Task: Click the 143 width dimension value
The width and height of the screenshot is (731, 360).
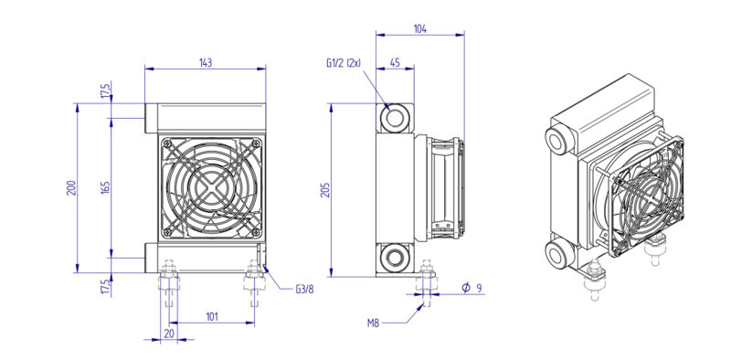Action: pyautogui.click(x=206, y=63)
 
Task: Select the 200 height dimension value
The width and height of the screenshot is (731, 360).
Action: pyautogui.click(x=71, y=187)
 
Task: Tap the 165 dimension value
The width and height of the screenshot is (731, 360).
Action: pyautogui.click(x=106, y=187)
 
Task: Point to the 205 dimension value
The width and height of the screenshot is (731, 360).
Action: pyautogui.click(x=325, y=190)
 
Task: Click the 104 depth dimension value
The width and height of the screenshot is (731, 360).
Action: pyautogui.click(x=420, y=29)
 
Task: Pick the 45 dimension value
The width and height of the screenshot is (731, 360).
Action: pyautogui.click(x=395, y=63)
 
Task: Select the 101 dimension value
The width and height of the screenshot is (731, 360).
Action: pyautogui.click(x=212, y=317)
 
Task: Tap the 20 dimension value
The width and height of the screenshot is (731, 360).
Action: pyautogui.click(x=169, y=333)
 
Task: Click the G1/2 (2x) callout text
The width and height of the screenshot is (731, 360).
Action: pyautogui.click(x=344, y=63)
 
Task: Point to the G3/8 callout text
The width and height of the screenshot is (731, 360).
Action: pyautogui.click(x=304, y=290)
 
